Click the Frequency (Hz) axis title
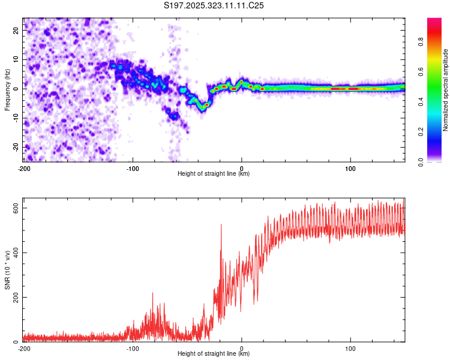pyautogui.click(x=7, y=89)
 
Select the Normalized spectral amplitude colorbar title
pyautogui.click(x=446, y=90)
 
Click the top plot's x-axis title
pyautogui.click(x=214, y=174)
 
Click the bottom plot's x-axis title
pyautogui.click(x=214, y=354)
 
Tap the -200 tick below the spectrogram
pyautogui.click(x=24, y=167)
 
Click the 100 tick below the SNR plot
pyautogui.click(x=351, y=348)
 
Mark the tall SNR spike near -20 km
pyautogui.click(x=221, y=225)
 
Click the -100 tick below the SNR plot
pyautogui.click(x=133, y=348)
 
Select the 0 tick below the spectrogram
pyautogui.click(x=242, y=167)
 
